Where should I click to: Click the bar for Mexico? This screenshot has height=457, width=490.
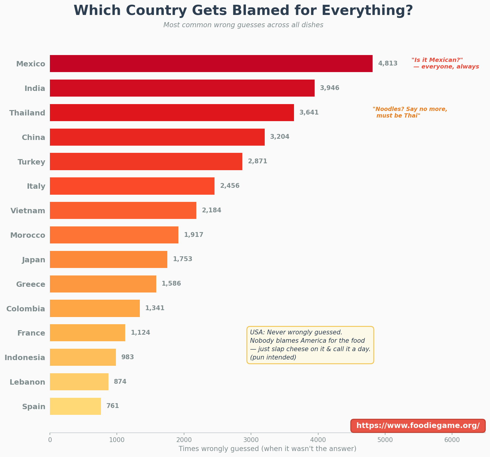(x=211, y=63)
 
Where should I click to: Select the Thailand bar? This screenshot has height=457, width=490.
(x=172, y=112)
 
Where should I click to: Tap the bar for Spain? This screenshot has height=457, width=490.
(x=75, y=406)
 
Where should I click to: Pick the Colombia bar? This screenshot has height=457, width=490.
(x=95, y=308)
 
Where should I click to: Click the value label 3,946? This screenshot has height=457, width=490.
(x=330, y=88)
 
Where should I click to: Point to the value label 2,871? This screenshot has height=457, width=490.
(x=257, y=161)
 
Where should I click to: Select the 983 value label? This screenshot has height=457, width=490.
(x=128, y=357)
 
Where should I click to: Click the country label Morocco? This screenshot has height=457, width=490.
(x=28, y=235)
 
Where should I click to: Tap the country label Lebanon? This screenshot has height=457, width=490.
(x=27, y=382)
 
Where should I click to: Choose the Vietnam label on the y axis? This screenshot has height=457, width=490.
(x=28, y=211)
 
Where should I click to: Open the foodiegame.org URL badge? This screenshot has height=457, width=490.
(x=418, y=426)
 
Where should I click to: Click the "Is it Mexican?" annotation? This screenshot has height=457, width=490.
(x=445, y=63)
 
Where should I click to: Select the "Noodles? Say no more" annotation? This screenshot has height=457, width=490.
(x=410, y=112)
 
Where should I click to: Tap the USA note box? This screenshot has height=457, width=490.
(x=310, y=345)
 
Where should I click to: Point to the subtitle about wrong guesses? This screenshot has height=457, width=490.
(x=243, y=25)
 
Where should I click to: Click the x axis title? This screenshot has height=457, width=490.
(x=267, y=449)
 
